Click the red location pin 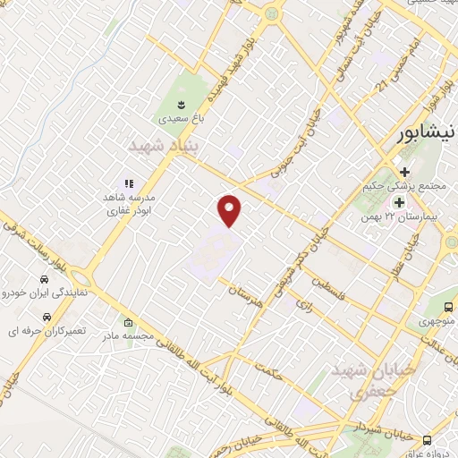[230, 209]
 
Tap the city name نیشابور [427, 131]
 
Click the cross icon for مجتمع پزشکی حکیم [404, 172]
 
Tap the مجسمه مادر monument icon [129, 323]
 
